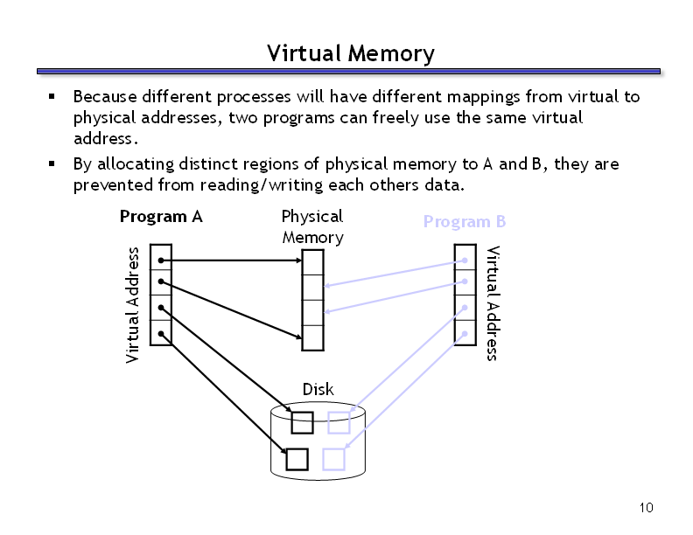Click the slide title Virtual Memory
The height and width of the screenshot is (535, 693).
coord(351,53)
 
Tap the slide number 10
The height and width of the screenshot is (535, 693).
coord(646,508)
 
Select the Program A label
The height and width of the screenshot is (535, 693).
coord(161,217)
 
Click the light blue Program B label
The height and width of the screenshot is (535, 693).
coord(465,221)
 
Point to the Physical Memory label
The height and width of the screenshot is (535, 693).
coord(312,227)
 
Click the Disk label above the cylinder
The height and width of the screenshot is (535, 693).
coord(318,389)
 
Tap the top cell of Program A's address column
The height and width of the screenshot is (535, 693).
coord(161,257)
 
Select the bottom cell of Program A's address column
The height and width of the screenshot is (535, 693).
coord(161,333)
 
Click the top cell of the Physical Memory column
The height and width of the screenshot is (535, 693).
coord(312,262)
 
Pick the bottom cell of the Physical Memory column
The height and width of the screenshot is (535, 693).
coord(312,338)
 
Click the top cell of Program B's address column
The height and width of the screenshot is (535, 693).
coord(465,257)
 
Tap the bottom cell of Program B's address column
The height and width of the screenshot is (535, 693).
coord(465,333)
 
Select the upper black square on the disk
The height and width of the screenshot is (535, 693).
coord(302,422)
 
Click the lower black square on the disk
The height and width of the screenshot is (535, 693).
coord(297,459)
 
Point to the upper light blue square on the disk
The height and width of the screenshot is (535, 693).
coord(339,422)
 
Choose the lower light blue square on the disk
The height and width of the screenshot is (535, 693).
coord(333,459)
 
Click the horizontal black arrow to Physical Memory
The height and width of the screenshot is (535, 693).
coord(231,261)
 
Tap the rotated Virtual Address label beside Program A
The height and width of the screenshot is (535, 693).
coord(132,305)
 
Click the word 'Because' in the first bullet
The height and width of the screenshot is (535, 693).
coord(105,97)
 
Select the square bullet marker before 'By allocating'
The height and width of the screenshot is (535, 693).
coord(52,163)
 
